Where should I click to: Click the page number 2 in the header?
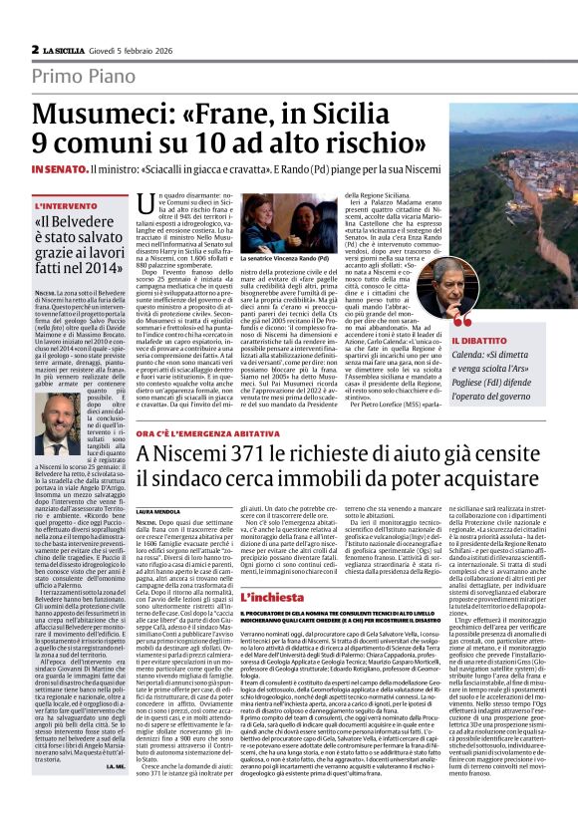coord(35,49)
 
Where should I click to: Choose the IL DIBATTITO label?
coord(477,341)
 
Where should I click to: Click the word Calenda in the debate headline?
coord(472,354)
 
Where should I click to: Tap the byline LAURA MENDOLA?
coord(156,511)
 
